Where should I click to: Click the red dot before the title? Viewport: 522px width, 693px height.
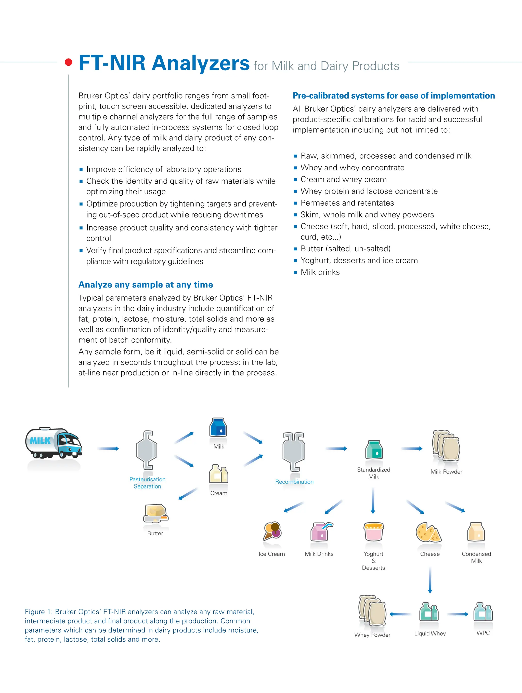point(68,62)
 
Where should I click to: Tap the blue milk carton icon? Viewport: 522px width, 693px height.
point(218,427)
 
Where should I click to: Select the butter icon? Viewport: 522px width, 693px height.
point(156,513)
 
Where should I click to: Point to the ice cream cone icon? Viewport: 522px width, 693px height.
point(272,531)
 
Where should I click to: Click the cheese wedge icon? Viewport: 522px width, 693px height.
point(428,532)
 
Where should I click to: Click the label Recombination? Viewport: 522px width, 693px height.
point(294,482)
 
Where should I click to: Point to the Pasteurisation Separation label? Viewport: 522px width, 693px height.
point(147,483)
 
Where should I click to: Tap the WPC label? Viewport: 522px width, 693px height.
point(483,633)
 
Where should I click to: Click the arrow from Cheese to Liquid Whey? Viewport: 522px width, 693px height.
point(430,580)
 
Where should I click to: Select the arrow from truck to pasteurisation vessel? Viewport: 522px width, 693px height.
point(108,449)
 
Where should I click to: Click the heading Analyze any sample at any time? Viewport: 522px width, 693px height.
point(146,284)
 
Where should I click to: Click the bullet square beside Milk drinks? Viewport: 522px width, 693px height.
point(295,273)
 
